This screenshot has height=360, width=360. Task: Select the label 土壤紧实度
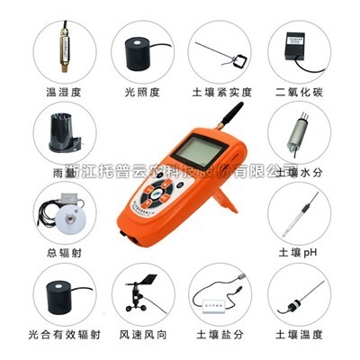220,91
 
